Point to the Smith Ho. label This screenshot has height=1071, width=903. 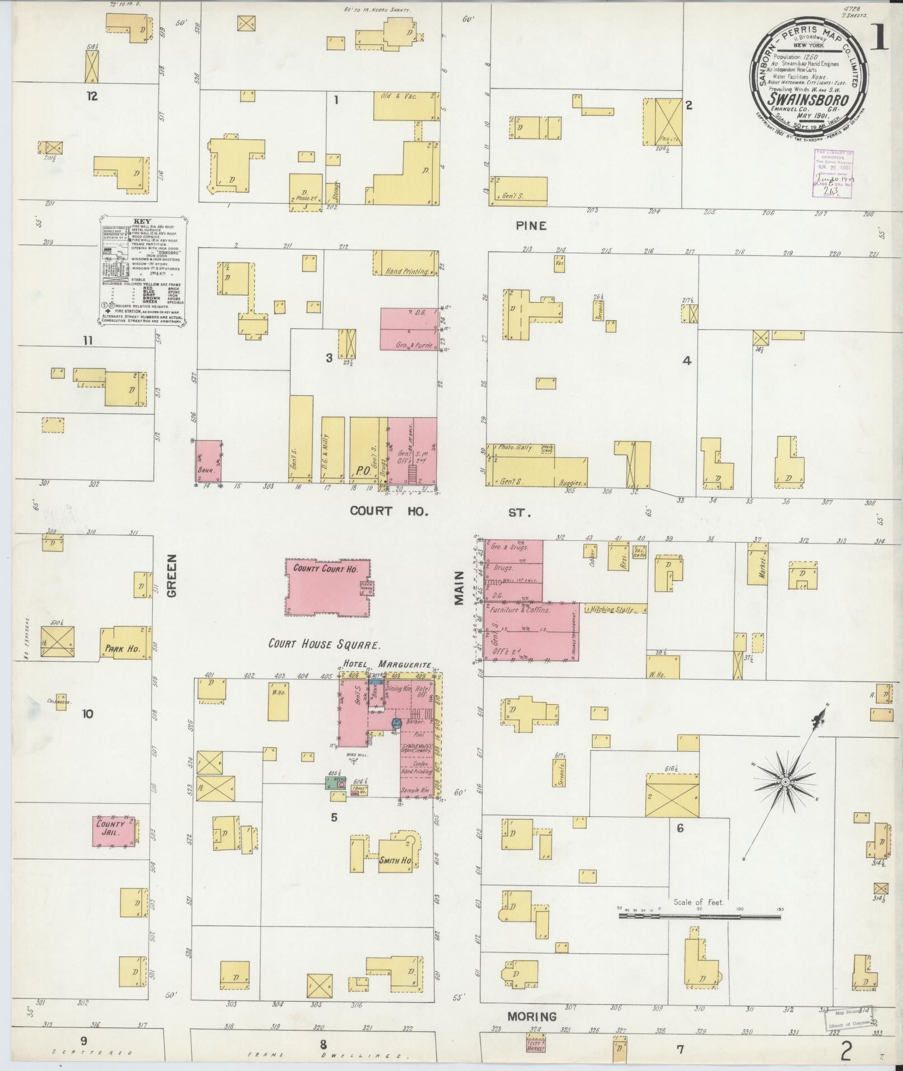pyautogui.click(x=396, y=860)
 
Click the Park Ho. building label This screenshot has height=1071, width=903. pyautogui.click(x=121, y=649)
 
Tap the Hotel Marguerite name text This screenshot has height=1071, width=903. pyautogui.click(x=387, y=665)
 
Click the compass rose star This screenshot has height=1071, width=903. pyautogui.click(x=785, y=781)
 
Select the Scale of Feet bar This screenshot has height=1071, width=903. pyautogui.click(x=699, y=917)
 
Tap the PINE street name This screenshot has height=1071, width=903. pyautogui.click(x=531, y=226)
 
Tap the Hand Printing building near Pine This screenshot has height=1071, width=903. pyautogui.click(x=405, y=263)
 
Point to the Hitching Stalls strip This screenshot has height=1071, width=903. pyautogui.click(x=614, y=609)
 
